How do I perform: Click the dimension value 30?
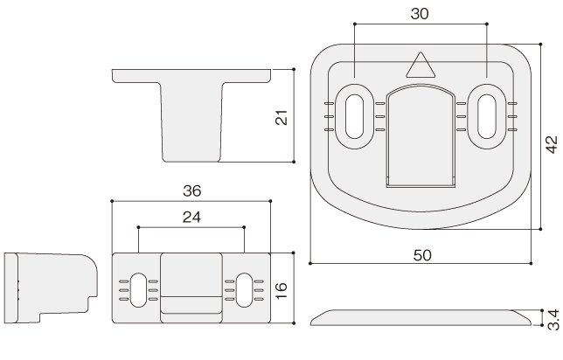[x=420, y=14]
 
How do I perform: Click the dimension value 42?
[x=552, y=144]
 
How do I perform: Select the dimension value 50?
[x=422, y=255]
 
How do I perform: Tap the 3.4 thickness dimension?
[x=554, y=320]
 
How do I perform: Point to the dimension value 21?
[x=281, y=117]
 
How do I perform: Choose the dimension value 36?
[x=191, y=191]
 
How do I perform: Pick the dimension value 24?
[x=191, y=218]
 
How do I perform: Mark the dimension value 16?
[x=281, y=290]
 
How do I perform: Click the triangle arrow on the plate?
[x=421, y=65]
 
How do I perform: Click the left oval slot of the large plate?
[x=354, y=116]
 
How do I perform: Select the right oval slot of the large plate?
[x=487, y=116]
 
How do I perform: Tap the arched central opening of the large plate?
[x=421, y=136]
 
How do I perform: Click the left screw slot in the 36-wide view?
[x=138, y=290]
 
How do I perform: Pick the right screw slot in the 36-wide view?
[x=244, y=290]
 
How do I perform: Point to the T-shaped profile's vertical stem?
[x=191, y=122]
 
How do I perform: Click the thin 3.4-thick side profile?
[x=421, y=318]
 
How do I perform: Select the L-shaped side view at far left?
[x=51, y=288]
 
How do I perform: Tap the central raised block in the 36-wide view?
[x=191, y=287]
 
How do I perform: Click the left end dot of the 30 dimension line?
[x=354, y=24]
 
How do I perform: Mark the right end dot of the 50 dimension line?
[x=531, y=264]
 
